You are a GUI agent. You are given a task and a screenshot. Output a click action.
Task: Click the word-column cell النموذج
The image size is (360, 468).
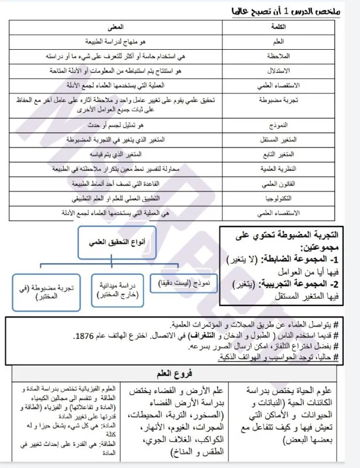click(292, 126)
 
